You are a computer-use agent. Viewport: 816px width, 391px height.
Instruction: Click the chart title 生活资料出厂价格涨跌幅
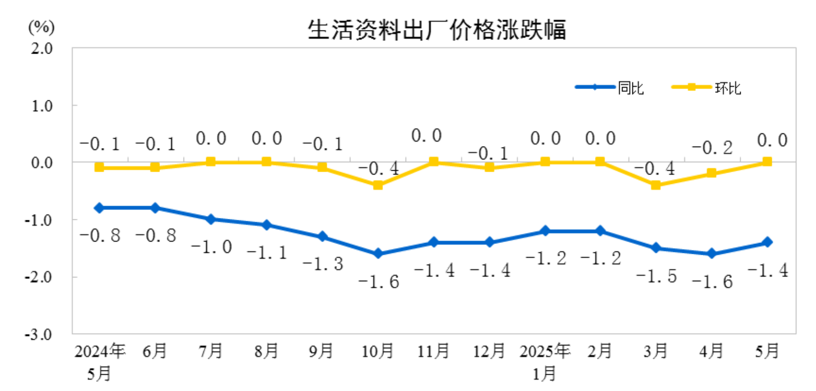coord(437,30)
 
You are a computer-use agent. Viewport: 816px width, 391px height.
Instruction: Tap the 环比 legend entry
coord(727,88)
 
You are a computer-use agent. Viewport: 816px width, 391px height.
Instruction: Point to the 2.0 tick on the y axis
coord(42,48)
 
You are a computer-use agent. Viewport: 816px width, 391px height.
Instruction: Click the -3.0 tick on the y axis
coord(39,334)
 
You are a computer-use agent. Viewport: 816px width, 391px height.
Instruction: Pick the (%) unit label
coord(41,27)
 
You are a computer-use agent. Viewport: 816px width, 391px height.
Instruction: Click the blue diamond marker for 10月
coord(378,254)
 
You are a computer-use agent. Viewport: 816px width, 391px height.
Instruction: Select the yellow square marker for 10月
coord(378,185)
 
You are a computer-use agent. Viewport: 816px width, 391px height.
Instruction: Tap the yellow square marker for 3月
coord(656,185)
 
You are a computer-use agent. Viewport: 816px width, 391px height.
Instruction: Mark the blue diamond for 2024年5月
coord(99,208)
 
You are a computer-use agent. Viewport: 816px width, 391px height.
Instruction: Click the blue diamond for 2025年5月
coord(767,242)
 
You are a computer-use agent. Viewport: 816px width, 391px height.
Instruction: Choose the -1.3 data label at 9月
coord(322,264)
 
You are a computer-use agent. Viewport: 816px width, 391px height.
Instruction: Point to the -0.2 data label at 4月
coord(712,148)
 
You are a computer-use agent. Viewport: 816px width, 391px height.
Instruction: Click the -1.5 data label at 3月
coord(656,276)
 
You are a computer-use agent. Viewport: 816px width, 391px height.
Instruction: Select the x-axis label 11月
coord(433,351)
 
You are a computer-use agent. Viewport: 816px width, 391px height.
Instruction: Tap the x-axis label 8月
coord(266,351)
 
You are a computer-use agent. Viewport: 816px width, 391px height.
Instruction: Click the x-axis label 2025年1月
coord(545,361)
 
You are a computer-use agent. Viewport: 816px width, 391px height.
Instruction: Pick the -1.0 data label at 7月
coord(211,247)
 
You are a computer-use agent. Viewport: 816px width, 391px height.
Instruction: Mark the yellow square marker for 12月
coord(489,167)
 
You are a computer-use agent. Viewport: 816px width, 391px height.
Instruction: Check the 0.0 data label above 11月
coord(426,136)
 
